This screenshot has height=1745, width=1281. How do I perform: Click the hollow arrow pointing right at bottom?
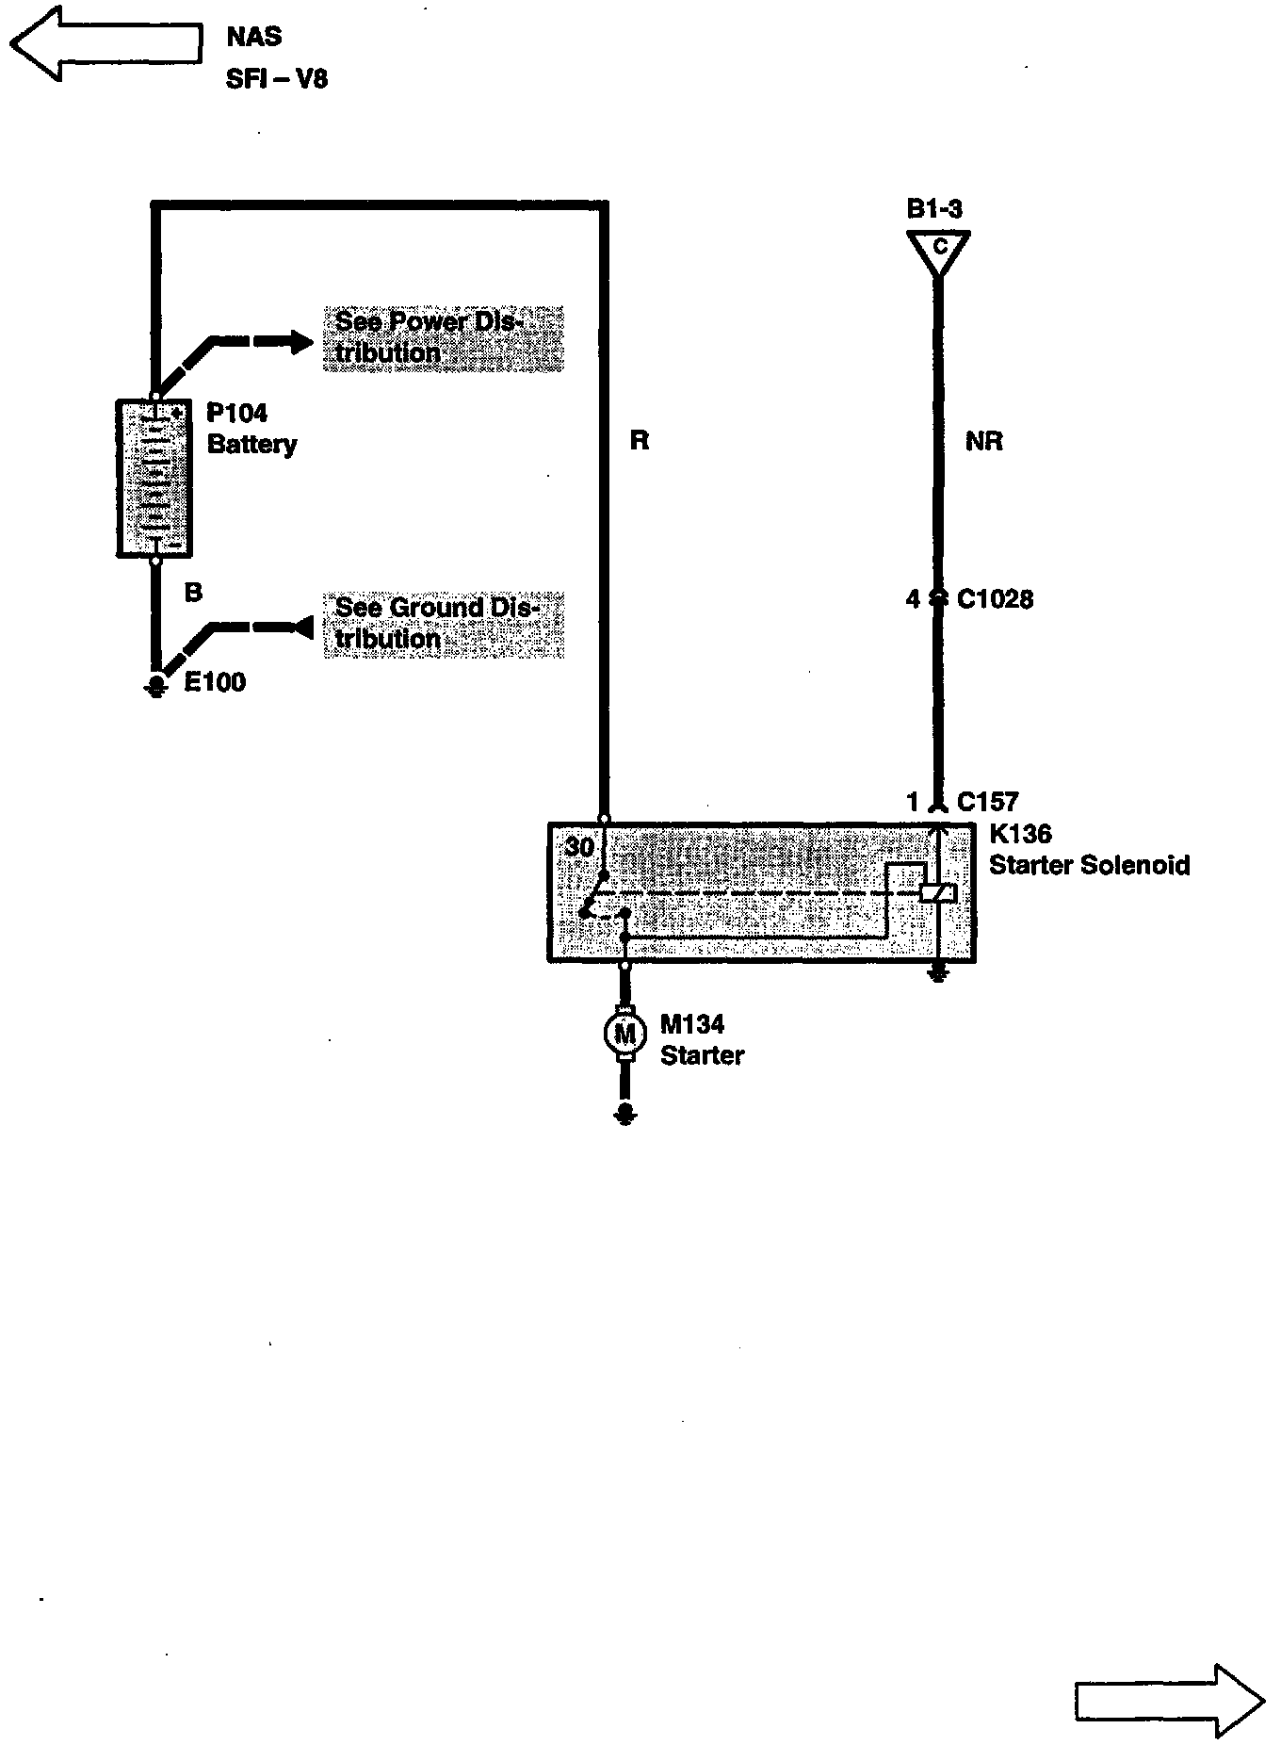point(1168,1701)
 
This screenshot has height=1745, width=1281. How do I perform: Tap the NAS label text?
point(253,38)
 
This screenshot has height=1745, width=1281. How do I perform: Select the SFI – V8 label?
point(277,78)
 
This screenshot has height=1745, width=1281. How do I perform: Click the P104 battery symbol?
point(154,478)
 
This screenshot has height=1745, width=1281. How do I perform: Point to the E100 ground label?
point(215,682)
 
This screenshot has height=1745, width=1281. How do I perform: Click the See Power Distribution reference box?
point(443,337)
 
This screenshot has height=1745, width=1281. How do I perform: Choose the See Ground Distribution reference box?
point(443,624)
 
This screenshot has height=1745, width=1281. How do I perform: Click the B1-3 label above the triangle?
point(934,209)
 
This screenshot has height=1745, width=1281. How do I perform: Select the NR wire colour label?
point(984,441)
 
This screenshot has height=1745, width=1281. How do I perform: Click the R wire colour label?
point(640,441)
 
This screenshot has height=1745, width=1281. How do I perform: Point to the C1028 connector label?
point(995,599)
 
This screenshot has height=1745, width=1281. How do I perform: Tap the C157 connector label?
point(987,802)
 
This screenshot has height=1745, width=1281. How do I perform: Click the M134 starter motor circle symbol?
point(624,1035)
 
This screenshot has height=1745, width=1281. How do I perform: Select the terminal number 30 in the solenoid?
point(579,847)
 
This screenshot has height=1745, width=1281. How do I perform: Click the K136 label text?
point(1020,834)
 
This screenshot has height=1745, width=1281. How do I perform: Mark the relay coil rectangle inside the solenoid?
point(937,892)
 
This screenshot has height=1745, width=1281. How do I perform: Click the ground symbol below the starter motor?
point(624,1116)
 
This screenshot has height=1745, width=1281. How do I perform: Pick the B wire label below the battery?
point(193,593)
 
